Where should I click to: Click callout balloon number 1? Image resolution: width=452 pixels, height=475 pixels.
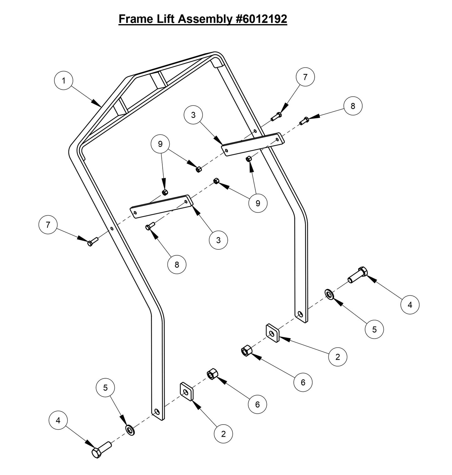63,81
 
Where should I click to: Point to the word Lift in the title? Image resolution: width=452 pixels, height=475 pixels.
165,19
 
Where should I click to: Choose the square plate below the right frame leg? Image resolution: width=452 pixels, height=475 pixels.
273,334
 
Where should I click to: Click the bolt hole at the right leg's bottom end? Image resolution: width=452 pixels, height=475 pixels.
300,314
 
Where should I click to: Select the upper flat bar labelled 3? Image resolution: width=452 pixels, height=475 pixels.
253,144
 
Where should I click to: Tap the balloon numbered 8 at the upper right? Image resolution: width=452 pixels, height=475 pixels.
353,106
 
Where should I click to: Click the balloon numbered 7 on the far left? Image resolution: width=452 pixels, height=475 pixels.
48,225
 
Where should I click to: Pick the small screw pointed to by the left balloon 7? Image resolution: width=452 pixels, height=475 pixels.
93,242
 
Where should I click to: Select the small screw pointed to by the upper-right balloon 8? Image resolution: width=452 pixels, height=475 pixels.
304,120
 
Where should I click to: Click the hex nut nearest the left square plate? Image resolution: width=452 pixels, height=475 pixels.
212,374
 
